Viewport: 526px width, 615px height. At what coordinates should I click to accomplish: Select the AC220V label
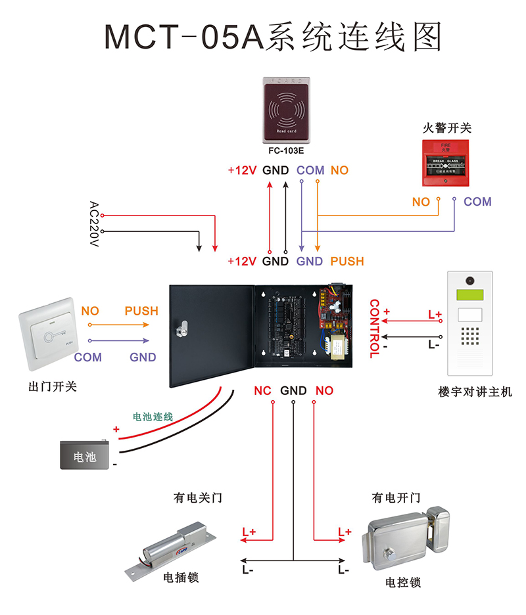click(93, 224)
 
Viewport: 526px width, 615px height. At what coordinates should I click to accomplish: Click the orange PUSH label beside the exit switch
click(141, 311)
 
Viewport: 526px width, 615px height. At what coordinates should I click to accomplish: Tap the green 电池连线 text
click(153, 417)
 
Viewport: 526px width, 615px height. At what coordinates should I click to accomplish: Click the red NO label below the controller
click(324, 391)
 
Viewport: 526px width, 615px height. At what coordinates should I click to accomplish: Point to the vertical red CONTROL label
click(374, 329)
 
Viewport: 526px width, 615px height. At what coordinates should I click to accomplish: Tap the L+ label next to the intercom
click(435, 315)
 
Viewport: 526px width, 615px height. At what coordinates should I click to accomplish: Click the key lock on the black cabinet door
click(183, 326)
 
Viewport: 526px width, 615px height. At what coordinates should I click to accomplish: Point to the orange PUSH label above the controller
click(347, 262)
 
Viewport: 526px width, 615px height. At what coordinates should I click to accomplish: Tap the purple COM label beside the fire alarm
click(477, 202)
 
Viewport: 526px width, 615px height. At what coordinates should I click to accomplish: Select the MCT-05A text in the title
click(184, 37)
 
